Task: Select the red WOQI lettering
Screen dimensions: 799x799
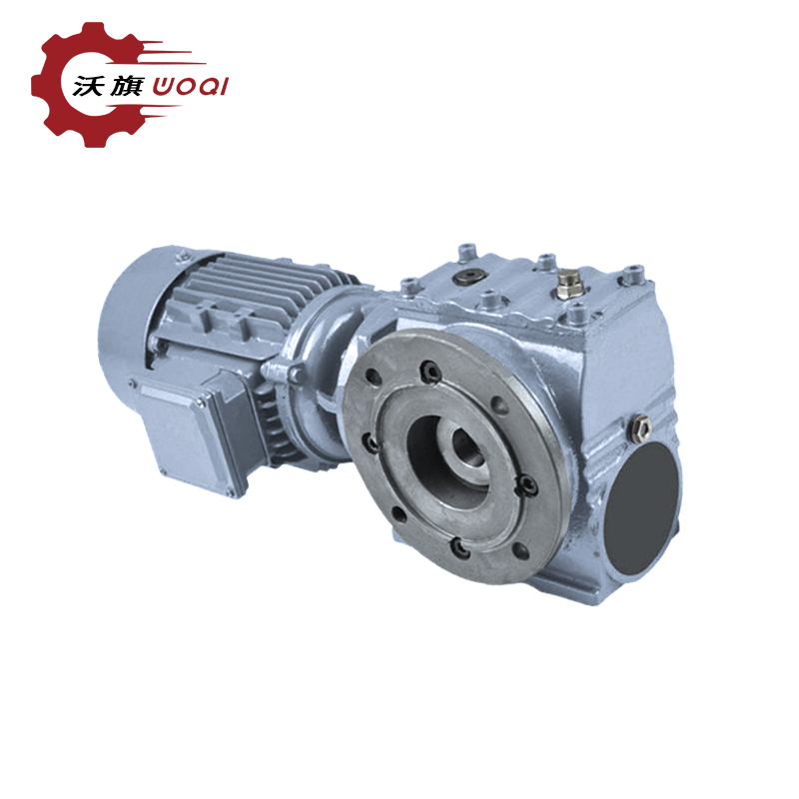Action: click(x=191, y=86)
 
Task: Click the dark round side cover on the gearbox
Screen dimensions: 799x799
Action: click(x=642, y=507)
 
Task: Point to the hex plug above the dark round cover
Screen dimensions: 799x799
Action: click(x=640, y=428)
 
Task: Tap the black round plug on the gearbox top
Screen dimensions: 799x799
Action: click(x=468, y=277)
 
